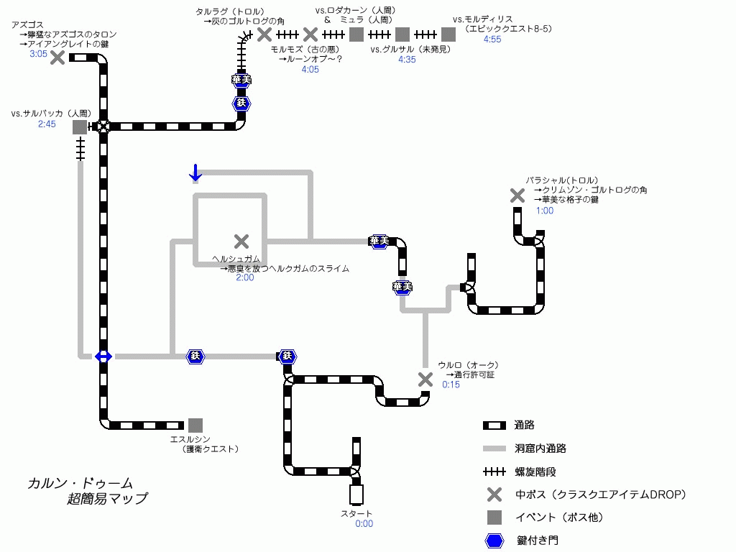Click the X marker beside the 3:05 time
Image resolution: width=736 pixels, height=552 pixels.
pyautogui.click(x=57, y=57)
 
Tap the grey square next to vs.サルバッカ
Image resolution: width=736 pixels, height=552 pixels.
pyautogui.click(x=80, y=126)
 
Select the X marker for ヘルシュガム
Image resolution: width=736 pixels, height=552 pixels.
pyautogui.click(x=241, y=241)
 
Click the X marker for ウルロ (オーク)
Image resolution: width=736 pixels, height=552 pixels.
pyautogui.click(x=425, y=379)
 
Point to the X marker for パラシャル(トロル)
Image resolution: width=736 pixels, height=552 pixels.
pyautogui.click(x=517, y=195)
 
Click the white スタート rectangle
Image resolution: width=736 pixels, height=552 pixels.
pyautogui.click(x=356, y=494)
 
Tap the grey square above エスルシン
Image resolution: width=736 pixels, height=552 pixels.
pyautogui.click(x=195, y=425)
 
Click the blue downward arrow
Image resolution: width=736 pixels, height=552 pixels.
pyautogui.click(x=195, y=172)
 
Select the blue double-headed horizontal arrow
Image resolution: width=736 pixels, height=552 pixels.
pyautogui.click(x=103, y=356)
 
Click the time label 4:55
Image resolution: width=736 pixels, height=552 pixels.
pyautogui.click(x=492, y=40)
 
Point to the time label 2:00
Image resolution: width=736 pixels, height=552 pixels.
pyautogui.click(x=245, y=277)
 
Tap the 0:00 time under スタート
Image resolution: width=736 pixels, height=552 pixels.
pyautogui.click(x=364, y=524)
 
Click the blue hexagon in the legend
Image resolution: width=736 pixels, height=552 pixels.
pyautogui.click(x=494, y=540)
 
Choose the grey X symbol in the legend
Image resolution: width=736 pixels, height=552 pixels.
pyautogui.click(x=494, y=494)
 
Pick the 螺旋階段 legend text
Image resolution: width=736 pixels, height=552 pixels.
pyautogui.click(x=535, y=471)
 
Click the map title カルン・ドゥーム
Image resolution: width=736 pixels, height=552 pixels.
pyautogui.click(x=80, y=484)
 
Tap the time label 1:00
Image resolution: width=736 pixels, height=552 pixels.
pyautogui.click(x=545, y=211)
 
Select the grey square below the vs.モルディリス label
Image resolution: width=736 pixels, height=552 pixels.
pyautogui.click(x=448, y=34)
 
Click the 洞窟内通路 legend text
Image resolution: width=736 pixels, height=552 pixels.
pyautogui.click(x=540, y=448)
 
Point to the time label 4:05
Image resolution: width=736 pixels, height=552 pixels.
pyautogui.click(x=310, y=70)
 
